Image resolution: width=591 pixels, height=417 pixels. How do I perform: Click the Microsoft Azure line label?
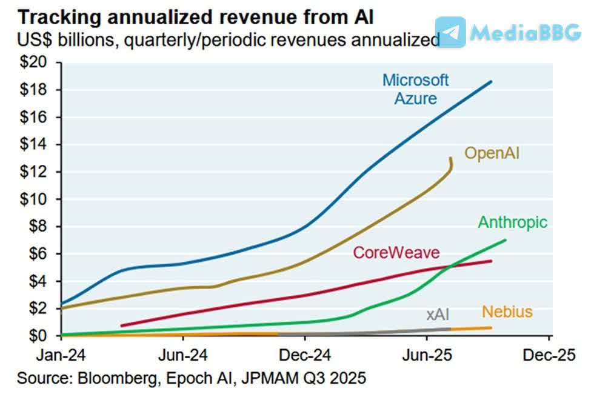coord(415,88)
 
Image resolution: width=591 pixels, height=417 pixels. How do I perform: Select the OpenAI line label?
coord(492,153)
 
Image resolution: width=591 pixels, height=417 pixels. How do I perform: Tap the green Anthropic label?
coord(513,222)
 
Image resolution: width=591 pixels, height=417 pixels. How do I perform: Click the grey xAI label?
coord(437,314)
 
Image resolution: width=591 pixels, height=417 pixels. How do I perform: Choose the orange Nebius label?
coord(507,312)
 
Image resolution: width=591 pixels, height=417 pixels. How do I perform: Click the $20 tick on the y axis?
coord(37,62)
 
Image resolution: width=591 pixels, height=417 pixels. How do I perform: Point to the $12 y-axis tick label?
coord(37,172)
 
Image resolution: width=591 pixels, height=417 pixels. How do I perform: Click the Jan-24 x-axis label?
coord(61,355)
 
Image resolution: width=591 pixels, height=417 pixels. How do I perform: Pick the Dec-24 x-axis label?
coord(305,355)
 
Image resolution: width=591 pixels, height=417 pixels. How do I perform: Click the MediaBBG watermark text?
coord(525,32)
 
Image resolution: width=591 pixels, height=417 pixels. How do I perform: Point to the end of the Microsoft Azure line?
coord(490,81)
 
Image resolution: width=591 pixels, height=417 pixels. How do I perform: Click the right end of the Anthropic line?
coord(505,240)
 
